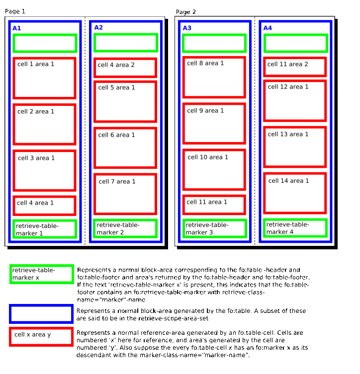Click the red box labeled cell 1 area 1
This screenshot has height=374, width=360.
point(44,78)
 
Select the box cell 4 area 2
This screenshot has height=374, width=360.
point(125,68)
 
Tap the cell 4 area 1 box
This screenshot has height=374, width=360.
point(44,205)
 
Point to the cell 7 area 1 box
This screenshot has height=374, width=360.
point(125,194)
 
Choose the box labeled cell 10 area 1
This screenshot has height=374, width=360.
point(214,169)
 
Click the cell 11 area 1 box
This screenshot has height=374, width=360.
point(214,204)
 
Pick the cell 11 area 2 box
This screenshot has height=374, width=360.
point(295,67)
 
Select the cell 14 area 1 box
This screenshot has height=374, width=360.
point(295,193)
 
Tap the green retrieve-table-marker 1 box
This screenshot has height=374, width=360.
point(44,229)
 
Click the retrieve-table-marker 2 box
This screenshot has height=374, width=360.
point(125,228)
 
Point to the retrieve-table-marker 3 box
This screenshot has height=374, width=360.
point(214,228)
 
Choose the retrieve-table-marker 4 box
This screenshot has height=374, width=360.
point(295,228)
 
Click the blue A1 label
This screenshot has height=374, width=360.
point(17,28)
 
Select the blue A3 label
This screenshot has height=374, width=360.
point(187,28)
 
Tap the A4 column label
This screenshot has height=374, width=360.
point(268,28)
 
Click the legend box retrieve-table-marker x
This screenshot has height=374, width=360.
point(42,274)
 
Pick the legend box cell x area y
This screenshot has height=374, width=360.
point(41,336)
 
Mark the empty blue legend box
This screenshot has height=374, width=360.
point(41,314)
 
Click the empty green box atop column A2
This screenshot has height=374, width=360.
point(125,43)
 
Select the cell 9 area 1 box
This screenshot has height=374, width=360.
point(214,123)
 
